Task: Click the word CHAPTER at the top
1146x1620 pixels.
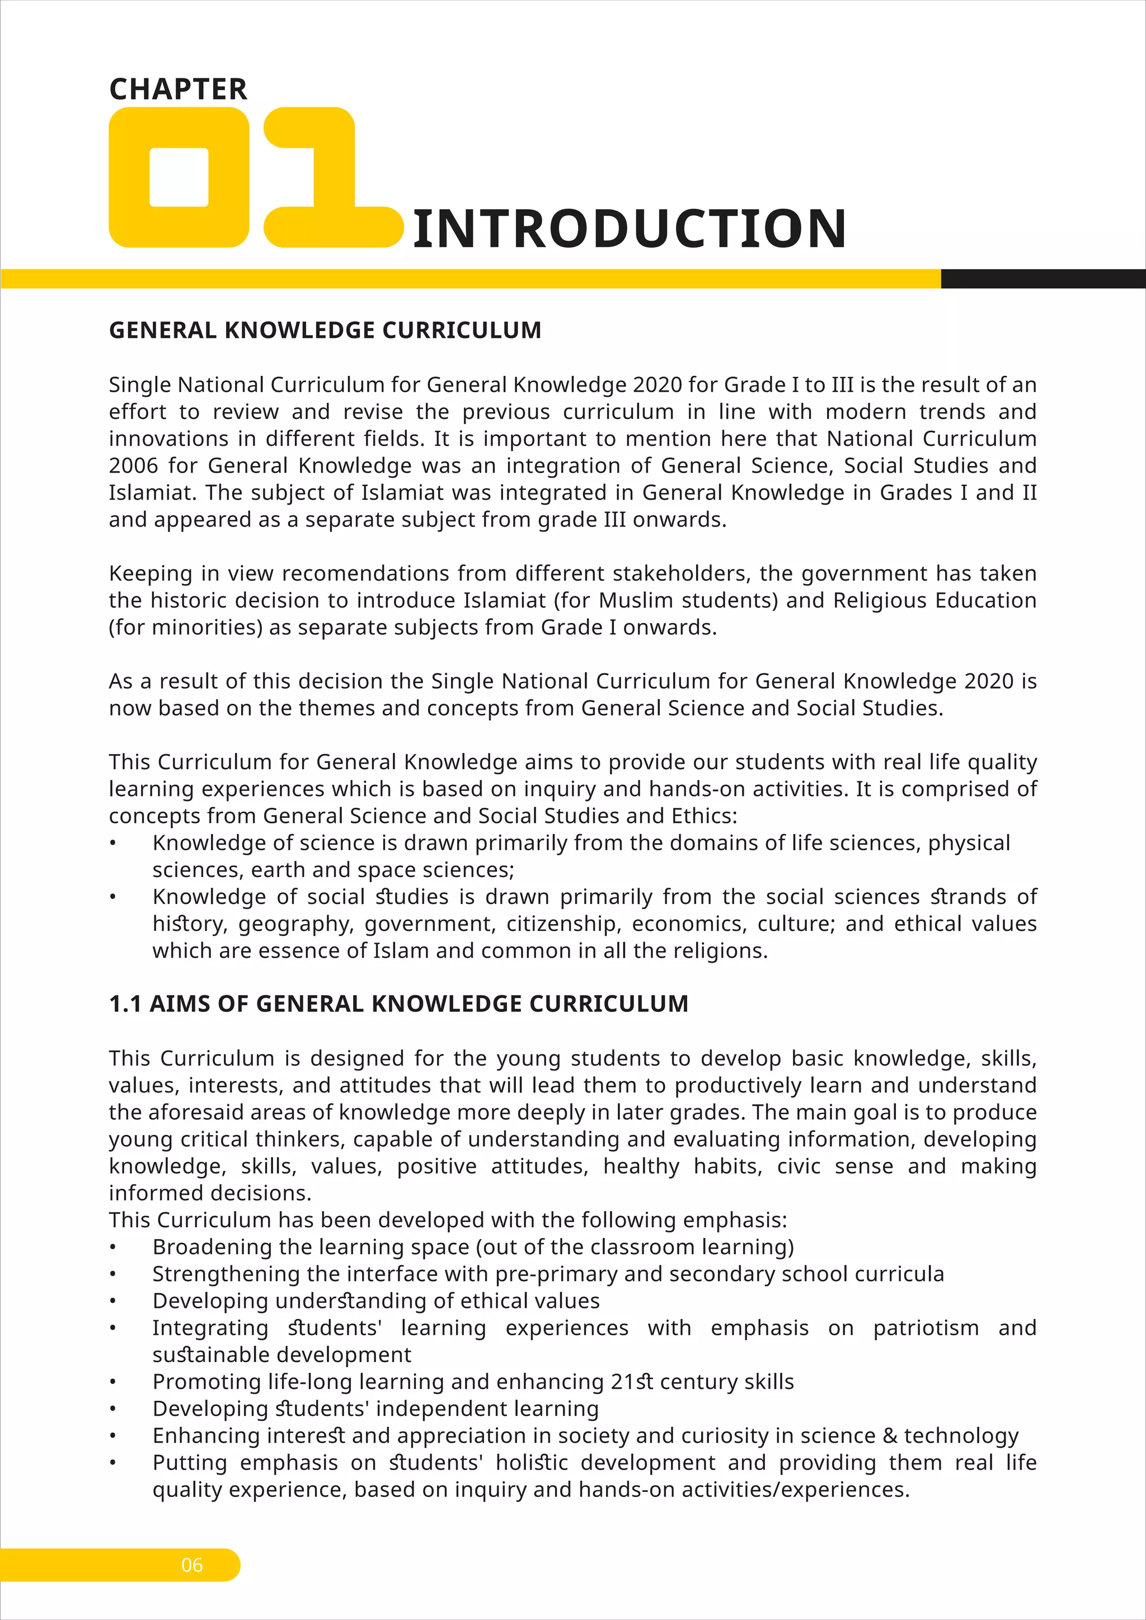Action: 178,90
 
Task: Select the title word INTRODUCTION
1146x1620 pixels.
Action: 630,229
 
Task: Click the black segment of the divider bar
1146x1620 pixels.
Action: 1042,279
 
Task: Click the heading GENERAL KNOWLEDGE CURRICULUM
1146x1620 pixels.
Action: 325,330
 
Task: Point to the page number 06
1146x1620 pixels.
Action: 192,1565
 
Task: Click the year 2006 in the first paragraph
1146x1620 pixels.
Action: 132,465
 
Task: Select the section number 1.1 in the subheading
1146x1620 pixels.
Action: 125,1004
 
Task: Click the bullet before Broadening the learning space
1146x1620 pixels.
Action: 112,1248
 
